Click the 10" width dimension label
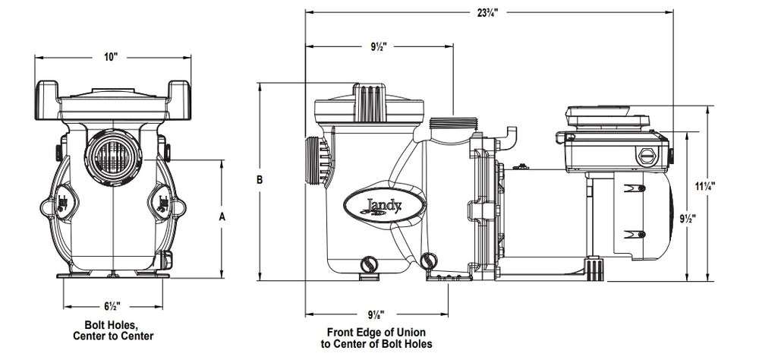pyautogui.click(x=111, y=57)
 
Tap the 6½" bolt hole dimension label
pyautogui.click(x=112, y=306)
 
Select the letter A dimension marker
pyautogui.click(x=222, y=217)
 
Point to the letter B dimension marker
pyautogui.click(x=260, y=180)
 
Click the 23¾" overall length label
pyautogui.click(x=488, y=12)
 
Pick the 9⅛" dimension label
pyautogui.click(x=376, y=314)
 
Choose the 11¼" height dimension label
pyautogui.click(x=705, y=185)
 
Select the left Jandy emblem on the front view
pyautogui.click(x=63, y=202)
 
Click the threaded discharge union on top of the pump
pyautogui.click(x=453, y=123)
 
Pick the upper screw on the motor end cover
pyautogui.click(x=642, y=188)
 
